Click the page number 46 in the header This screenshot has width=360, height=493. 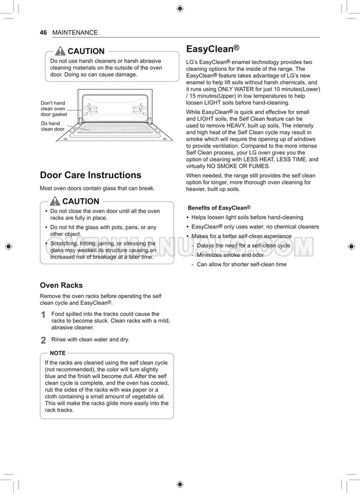click(43, 33)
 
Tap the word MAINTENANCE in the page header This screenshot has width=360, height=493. click(75, 33)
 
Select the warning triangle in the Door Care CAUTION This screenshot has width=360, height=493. click(55, 201)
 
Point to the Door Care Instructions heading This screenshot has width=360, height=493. click(90, 175)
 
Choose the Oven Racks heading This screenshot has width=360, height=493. click(61, 285)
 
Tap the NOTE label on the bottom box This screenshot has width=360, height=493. click(57, 353)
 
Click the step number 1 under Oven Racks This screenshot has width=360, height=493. click(44, 315)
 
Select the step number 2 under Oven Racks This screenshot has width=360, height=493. click(44, 340)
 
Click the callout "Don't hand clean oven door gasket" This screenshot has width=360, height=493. click(53, 109)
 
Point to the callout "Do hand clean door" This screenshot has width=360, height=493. click(52, 126)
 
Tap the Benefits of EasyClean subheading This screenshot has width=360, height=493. click(219, 208)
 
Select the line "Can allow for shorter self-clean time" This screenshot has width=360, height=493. click(242, 264)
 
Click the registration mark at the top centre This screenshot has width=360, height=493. click(179, 8)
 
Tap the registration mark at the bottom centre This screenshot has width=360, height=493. click(179, 484)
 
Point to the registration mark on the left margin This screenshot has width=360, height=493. click(8, 246)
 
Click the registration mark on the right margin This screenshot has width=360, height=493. click(351, 246)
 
